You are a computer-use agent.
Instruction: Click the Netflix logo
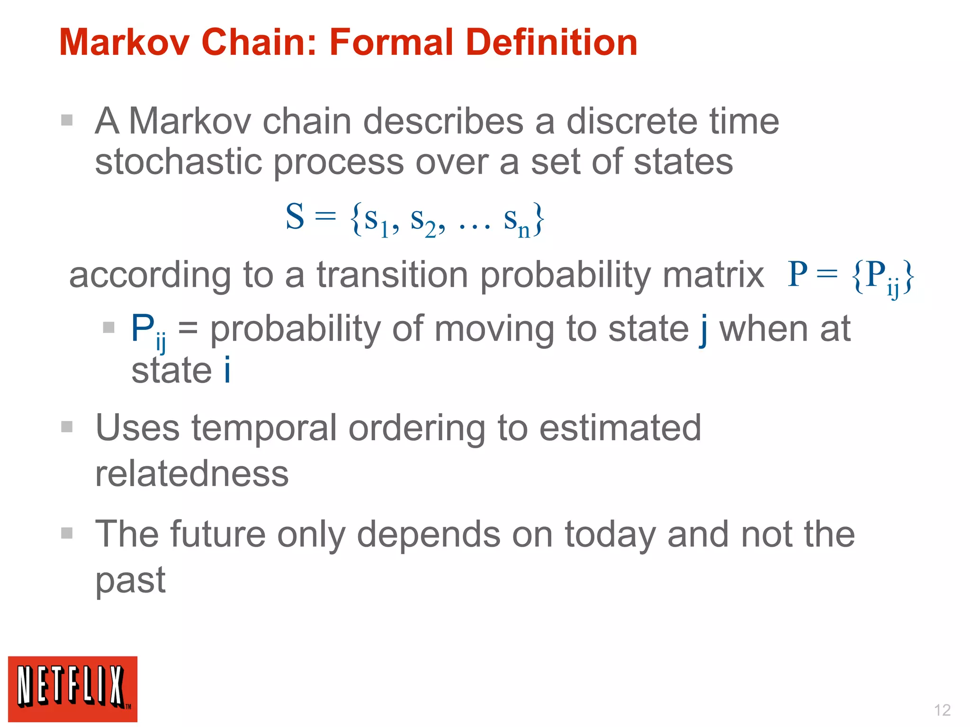tap(72, 689)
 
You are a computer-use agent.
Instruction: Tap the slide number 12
tap(942, 710)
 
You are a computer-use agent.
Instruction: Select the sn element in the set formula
tap(516, 221)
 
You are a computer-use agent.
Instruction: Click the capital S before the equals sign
tap(295, 217)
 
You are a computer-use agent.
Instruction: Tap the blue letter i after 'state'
tap(227, 370)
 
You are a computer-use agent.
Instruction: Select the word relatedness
tap(192, 474)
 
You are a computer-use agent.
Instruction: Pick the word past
tap(130, 581)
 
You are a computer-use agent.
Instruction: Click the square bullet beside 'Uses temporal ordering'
tap(67, 427)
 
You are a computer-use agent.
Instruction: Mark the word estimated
tap(620, 428)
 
